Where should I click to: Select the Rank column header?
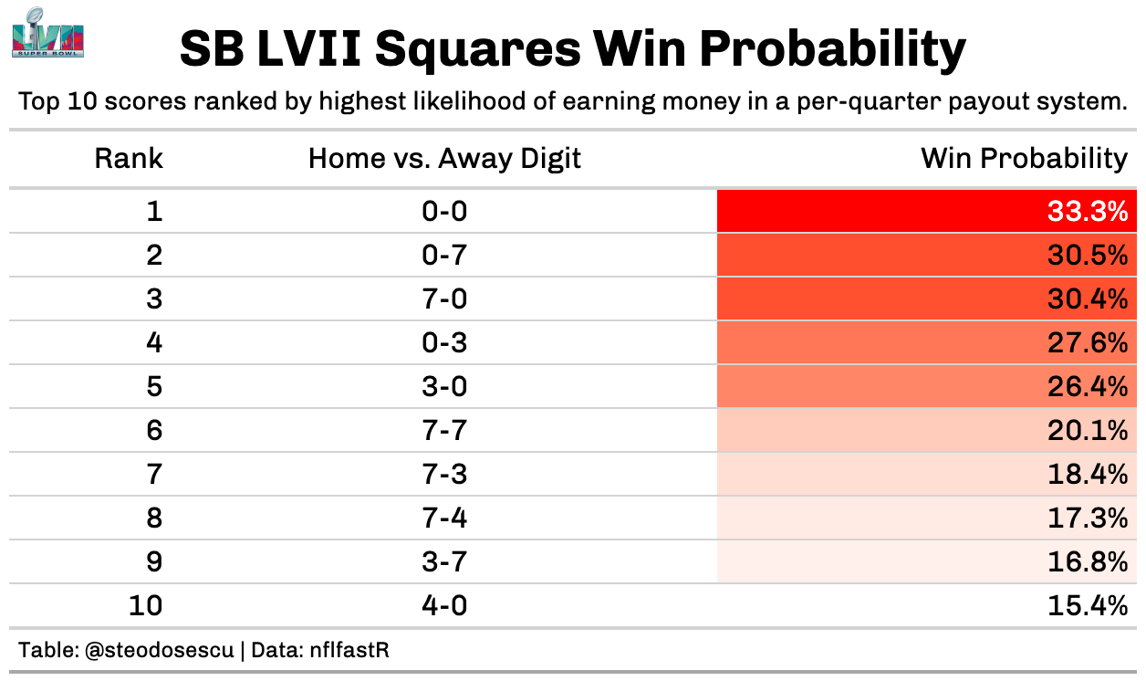[x=129, y=159]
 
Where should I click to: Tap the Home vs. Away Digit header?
[x=444, y=159]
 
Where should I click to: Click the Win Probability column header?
[x=1024, y=159]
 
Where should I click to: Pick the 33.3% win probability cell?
[x=1088, y=212]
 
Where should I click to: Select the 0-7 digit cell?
[x=444, y=256]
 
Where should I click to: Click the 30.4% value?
[x=1088, y=299]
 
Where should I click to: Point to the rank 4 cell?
[x=154, y=343]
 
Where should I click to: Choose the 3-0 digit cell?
[x=444, y=387]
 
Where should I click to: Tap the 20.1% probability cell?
[x=1088, y=431]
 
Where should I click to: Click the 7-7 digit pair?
[x=444, y=431]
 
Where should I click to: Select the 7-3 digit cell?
[x=444, y=475]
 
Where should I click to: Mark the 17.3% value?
[x=1088, y=519]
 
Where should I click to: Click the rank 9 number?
[x=154, y=562]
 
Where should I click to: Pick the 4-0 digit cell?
[x=444, y=606]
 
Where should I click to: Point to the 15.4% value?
[x=1088, y=606]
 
